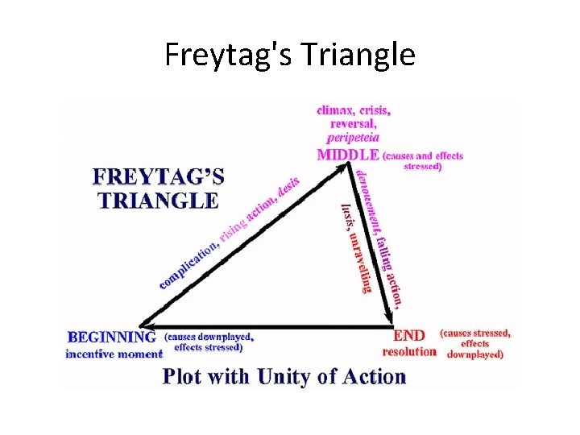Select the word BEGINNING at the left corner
112,336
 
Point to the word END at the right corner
408,334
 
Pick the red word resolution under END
409,351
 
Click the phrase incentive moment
114,353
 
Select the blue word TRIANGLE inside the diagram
157,200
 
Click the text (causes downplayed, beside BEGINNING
209,336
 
